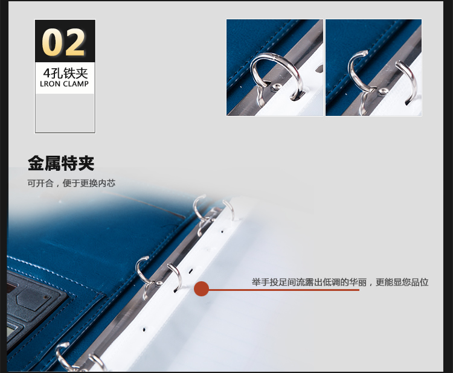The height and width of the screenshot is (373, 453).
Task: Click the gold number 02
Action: click(63, 42)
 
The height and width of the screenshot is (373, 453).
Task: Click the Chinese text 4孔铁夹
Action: click(65, 73)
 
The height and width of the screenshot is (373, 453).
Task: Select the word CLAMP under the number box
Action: click(75, 84)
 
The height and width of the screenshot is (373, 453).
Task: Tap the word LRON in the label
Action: click(50, 84)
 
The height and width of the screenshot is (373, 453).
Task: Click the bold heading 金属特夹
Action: click(61, 164)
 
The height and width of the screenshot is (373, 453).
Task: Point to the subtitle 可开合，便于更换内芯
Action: click(71, 183)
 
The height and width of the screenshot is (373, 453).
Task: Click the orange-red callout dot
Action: click(201, 289)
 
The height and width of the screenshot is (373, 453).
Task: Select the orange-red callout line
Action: click(284, 290)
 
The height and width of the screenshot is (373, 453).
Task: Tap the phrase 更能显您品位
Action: click(402, 282)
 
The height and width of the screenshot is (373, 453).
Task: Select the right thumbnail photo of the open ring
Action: click(373, 68)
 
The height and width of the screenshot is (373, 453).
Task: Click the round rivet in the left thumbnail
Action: click(277, 86)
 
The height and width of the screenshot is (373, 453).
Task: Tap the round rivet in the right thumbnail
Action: click(384, 92)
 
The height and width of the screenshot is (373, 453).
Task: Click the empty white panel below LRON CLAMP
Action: click(65, 113)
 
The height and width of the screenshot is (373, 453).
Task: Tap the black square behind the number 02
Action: click(65, 41)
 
